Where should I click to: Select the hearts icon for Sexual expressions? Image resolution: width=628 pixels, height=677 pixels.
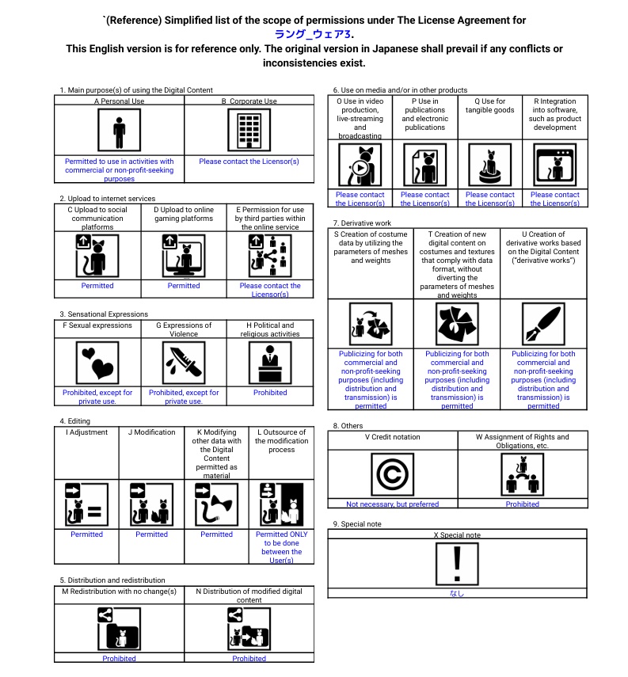coord(97,362)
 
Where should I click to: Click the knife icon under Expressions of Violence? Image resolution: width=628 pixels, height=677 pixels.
coord(184,362)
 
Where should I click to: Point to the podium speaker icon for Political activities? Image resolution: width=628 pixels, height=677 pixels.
coord(270,362)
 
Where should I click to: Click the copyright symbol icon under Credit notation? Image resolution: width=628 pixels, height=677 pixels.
coord(392,474)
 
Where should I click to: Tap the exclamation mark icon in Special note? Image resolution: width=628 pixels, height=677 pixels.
coord(457,564)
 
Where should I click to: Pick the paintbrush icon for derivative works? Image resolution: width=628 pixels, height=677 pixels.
coord(543,323)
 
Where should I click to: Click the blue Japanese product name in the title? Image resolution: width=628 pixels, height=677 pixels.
coord(314,34)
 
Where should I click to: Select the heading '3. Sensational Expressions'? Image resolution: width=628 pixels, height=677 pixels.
coord(103,314)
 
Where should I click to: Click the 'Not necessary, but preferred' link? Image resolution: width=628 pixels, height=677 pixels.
coord(392,504)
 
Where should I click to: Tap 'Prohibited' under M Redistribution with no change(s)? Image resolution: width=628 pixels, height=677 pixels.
coord(119,658)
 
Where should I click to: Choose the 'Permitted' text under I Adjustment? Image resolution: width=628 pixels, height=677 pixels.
coord(86,534)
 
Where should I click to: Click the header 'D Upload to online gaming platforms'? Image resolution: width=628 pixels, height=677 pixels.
coord(184,215)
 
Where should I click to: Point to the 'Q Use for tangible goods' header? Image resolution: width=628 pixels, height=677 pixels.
coord(489,106)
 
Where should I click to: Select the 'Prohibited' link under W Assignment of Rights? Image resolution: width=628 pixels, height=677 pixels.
coord(523,504)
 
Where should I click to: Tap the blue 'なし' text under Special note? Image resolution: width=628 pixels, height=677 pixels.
coord(457,593)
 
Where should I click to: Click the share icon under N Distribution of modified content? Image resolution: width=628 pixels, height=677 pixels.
coord(234,614)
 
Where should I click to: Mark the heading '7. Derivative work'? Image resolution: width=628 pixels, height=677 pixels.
coord(362,223)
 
